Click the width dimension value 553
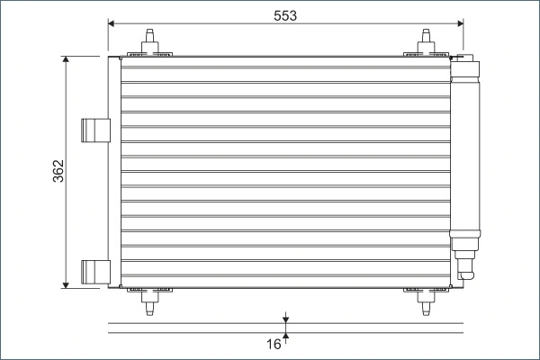pyautogui.click(x=284, y=15)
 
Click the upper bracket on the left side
pyautogui.click(x=93, y=130)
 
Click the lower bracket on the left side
pyautogui.click(x=93, y=270)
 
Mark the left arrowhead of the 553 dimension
pyautogui.click(x=112, y=22)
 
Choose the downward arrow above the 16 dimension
pyautogui.click(x=285, y=318)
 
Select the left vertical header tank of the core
pyautogui.click(x=114, y=171)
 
